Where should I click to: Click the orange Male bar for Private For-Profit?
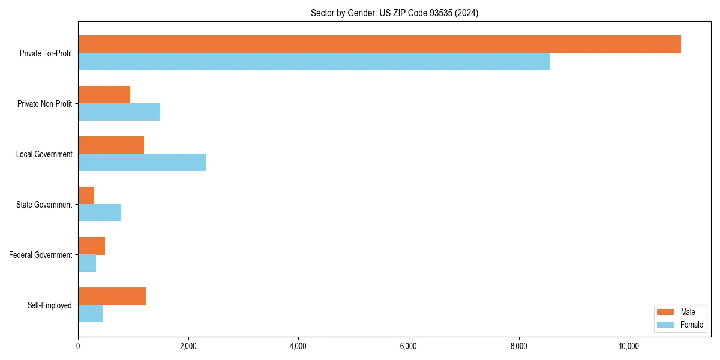[379, 44]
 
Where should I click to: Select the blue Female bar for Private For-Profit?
[314, 62]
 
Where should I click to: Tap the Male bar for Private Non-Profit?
[104, 95]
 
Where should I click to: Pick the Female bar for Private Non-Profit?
[119, 112]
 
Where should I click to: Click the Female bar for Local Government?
[142, 163]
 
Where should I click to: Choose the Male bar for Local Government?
[111, 145]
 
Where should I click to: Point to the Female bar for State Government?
[100, 213]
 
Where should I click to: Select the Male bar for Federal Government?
[91, 246]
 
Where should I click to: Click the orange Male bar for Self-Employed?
[112, 296]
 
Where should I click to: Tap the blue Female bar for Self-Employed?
[90, 314]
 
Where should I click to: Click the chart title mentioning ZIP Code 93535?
[394, 13]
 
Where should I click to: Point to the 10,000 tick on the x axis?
[628, 346]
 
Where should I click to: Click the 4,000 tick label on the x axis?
[298, 346]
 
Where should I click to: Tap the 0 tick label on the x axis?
[78, 346]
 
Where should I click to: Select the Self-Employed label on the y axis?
[49, 305]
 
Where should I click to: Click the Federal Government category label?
[40, 255]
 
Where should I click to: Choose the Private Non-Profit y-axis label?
[44, 104]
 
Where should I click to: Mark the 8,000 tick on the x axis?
[518, 346]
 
